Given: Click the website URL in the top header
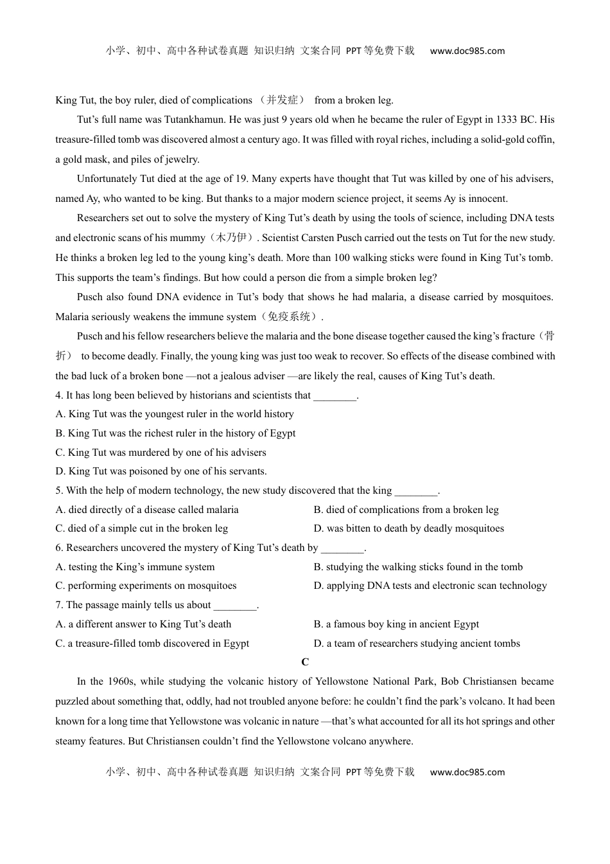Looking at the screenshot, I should pos(467,51).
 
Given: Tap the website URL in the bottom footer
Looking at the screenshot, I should pos(467,772).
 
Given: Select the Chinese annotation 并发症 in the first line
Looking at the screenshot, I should pos(283,100).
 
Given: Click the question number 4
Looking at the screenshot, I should pos(58,395).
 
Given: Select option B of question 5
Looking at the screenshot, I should pos(406,510).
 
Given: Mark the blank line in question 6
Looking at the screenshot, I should pos(342,548).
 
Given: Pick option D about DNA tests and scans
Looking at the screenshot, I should pos(430,586).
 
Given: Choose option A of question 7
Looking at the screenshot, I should pos(143,624).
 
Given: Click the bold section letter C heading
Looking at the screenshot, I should pos(305,662).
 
